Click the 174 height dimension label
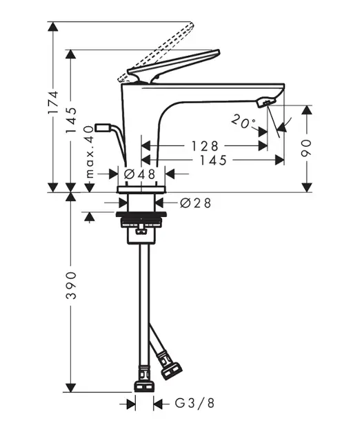tap(52, 102)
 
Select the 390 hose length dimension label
tap(71, 285)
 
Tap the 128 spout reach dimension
tap(205, 146)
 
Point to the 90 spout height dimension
tap(306, 148)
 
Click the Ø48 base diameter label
tap(139, 174)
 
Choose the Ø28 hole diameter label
tap(195, 203)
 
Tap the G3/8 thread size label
tap(194, 403)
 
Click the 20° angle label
tap(243, 122)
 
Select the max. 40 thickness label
tap(90, 152)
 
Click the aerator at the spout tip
tap(263, 103)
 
